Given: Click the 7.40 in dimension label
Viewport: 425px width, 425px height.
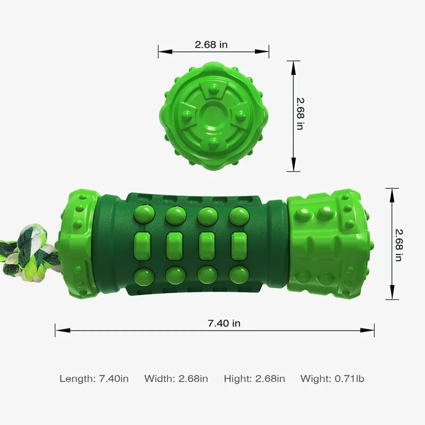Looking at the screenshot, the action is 224,324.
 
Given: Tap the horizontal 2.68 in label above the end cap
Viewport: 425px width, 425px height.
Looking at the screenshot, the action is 211,45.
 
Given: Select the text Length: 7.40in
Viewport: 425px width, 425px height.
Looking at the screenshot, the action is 94,379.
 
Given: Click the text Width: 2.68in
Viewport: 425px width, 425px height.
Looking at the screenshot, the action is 176,379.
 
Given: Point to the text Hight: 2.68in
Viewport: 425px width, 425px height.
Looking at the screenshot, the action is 254,379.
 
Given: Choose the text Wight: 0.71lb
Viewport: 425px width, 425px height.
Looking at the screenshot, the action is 333,379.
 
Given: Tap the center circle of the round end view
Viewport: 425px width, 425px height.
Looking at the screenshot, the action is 214,116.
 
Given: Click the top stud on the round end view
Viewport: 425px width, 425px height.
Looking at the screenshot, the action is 214,88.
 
